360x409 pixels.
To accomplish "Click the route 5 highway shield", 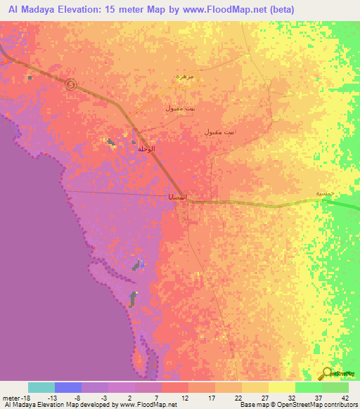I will point(70,84).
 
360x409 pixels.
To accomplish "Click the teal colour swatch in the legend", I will point(41,387).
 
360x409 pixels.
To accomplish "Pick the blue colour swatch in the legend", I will point(68,387).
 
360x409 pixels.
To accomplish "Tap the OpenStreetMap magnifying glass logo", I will point(327,374).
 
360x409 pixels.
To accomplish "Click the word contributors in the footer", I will point(340,405).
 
